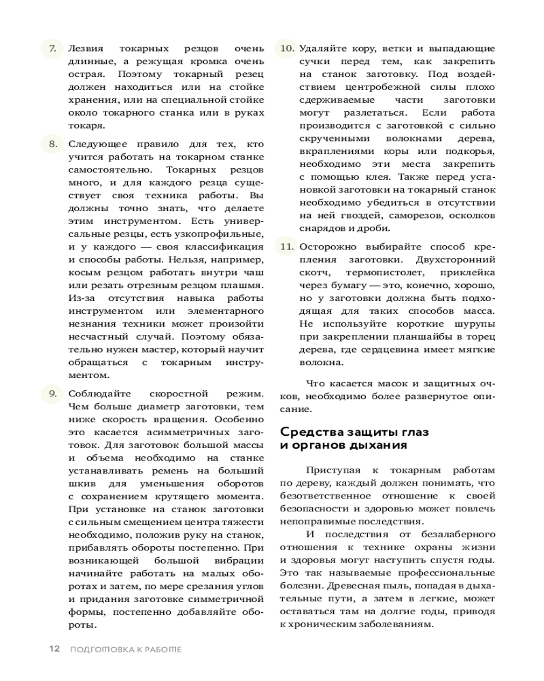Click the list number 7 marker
52,49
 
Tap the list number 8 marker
52,144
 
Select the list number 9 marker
52,394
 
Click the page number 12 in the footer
55,648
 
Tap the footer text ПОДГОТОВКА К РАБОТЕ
126,648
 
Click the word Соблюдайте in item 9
95,394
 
